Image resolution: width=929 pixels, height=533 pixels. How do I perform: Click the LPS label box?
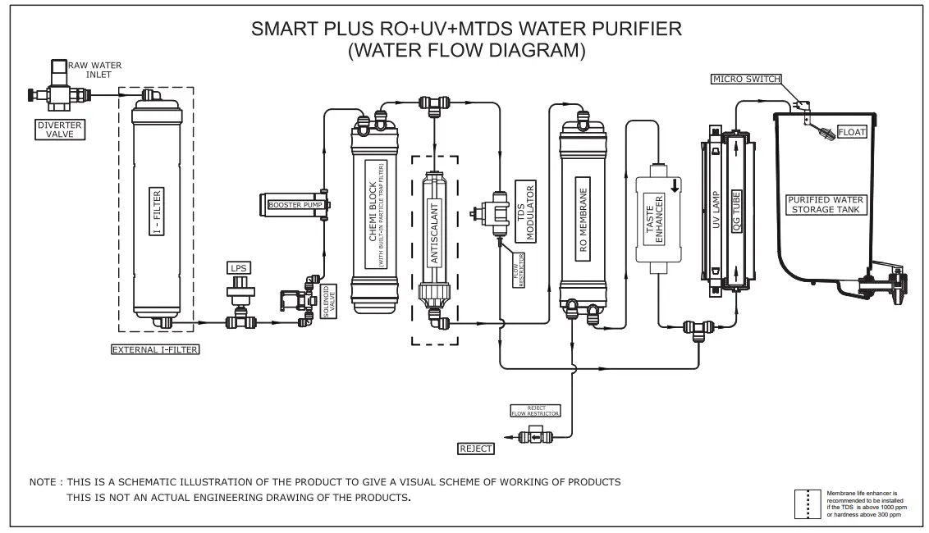point(239,267)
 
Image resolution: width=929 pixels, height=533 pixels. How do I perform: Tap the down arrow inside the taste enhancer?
point(675,185)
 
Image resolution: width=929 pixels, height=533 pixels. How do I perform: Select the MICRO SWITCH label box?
point(746,79)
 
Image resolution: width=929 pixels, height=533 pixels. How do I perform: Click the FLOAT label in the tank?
point(852,132)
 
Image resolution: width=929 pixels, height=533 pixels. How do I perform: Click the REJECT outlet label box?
point(476,448)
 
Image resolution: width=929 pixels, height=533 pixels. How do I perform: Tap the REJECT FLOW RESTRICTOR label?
point(534,410)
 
